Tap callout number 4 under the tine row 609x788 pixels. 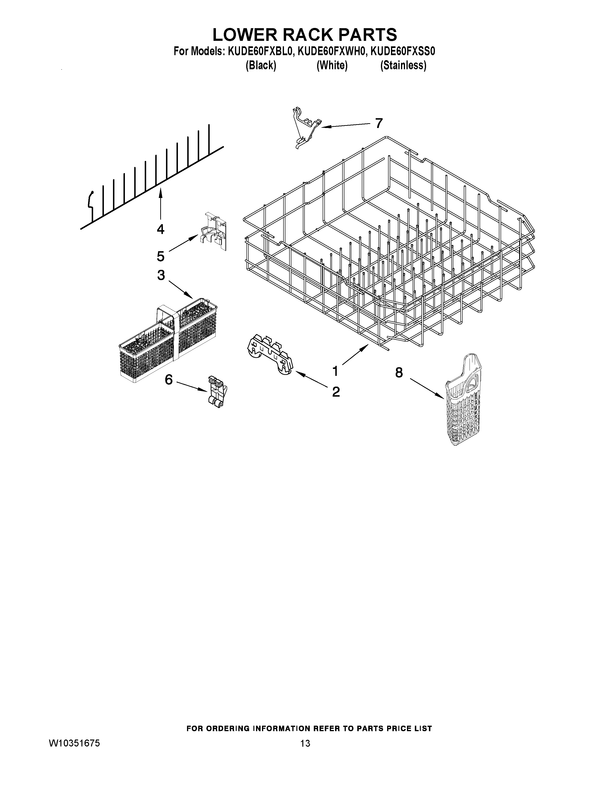[x=160, y=229]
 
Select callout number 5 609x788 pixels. [x=160, y=256]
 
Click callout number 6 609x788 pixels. [x=168, y=380]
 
